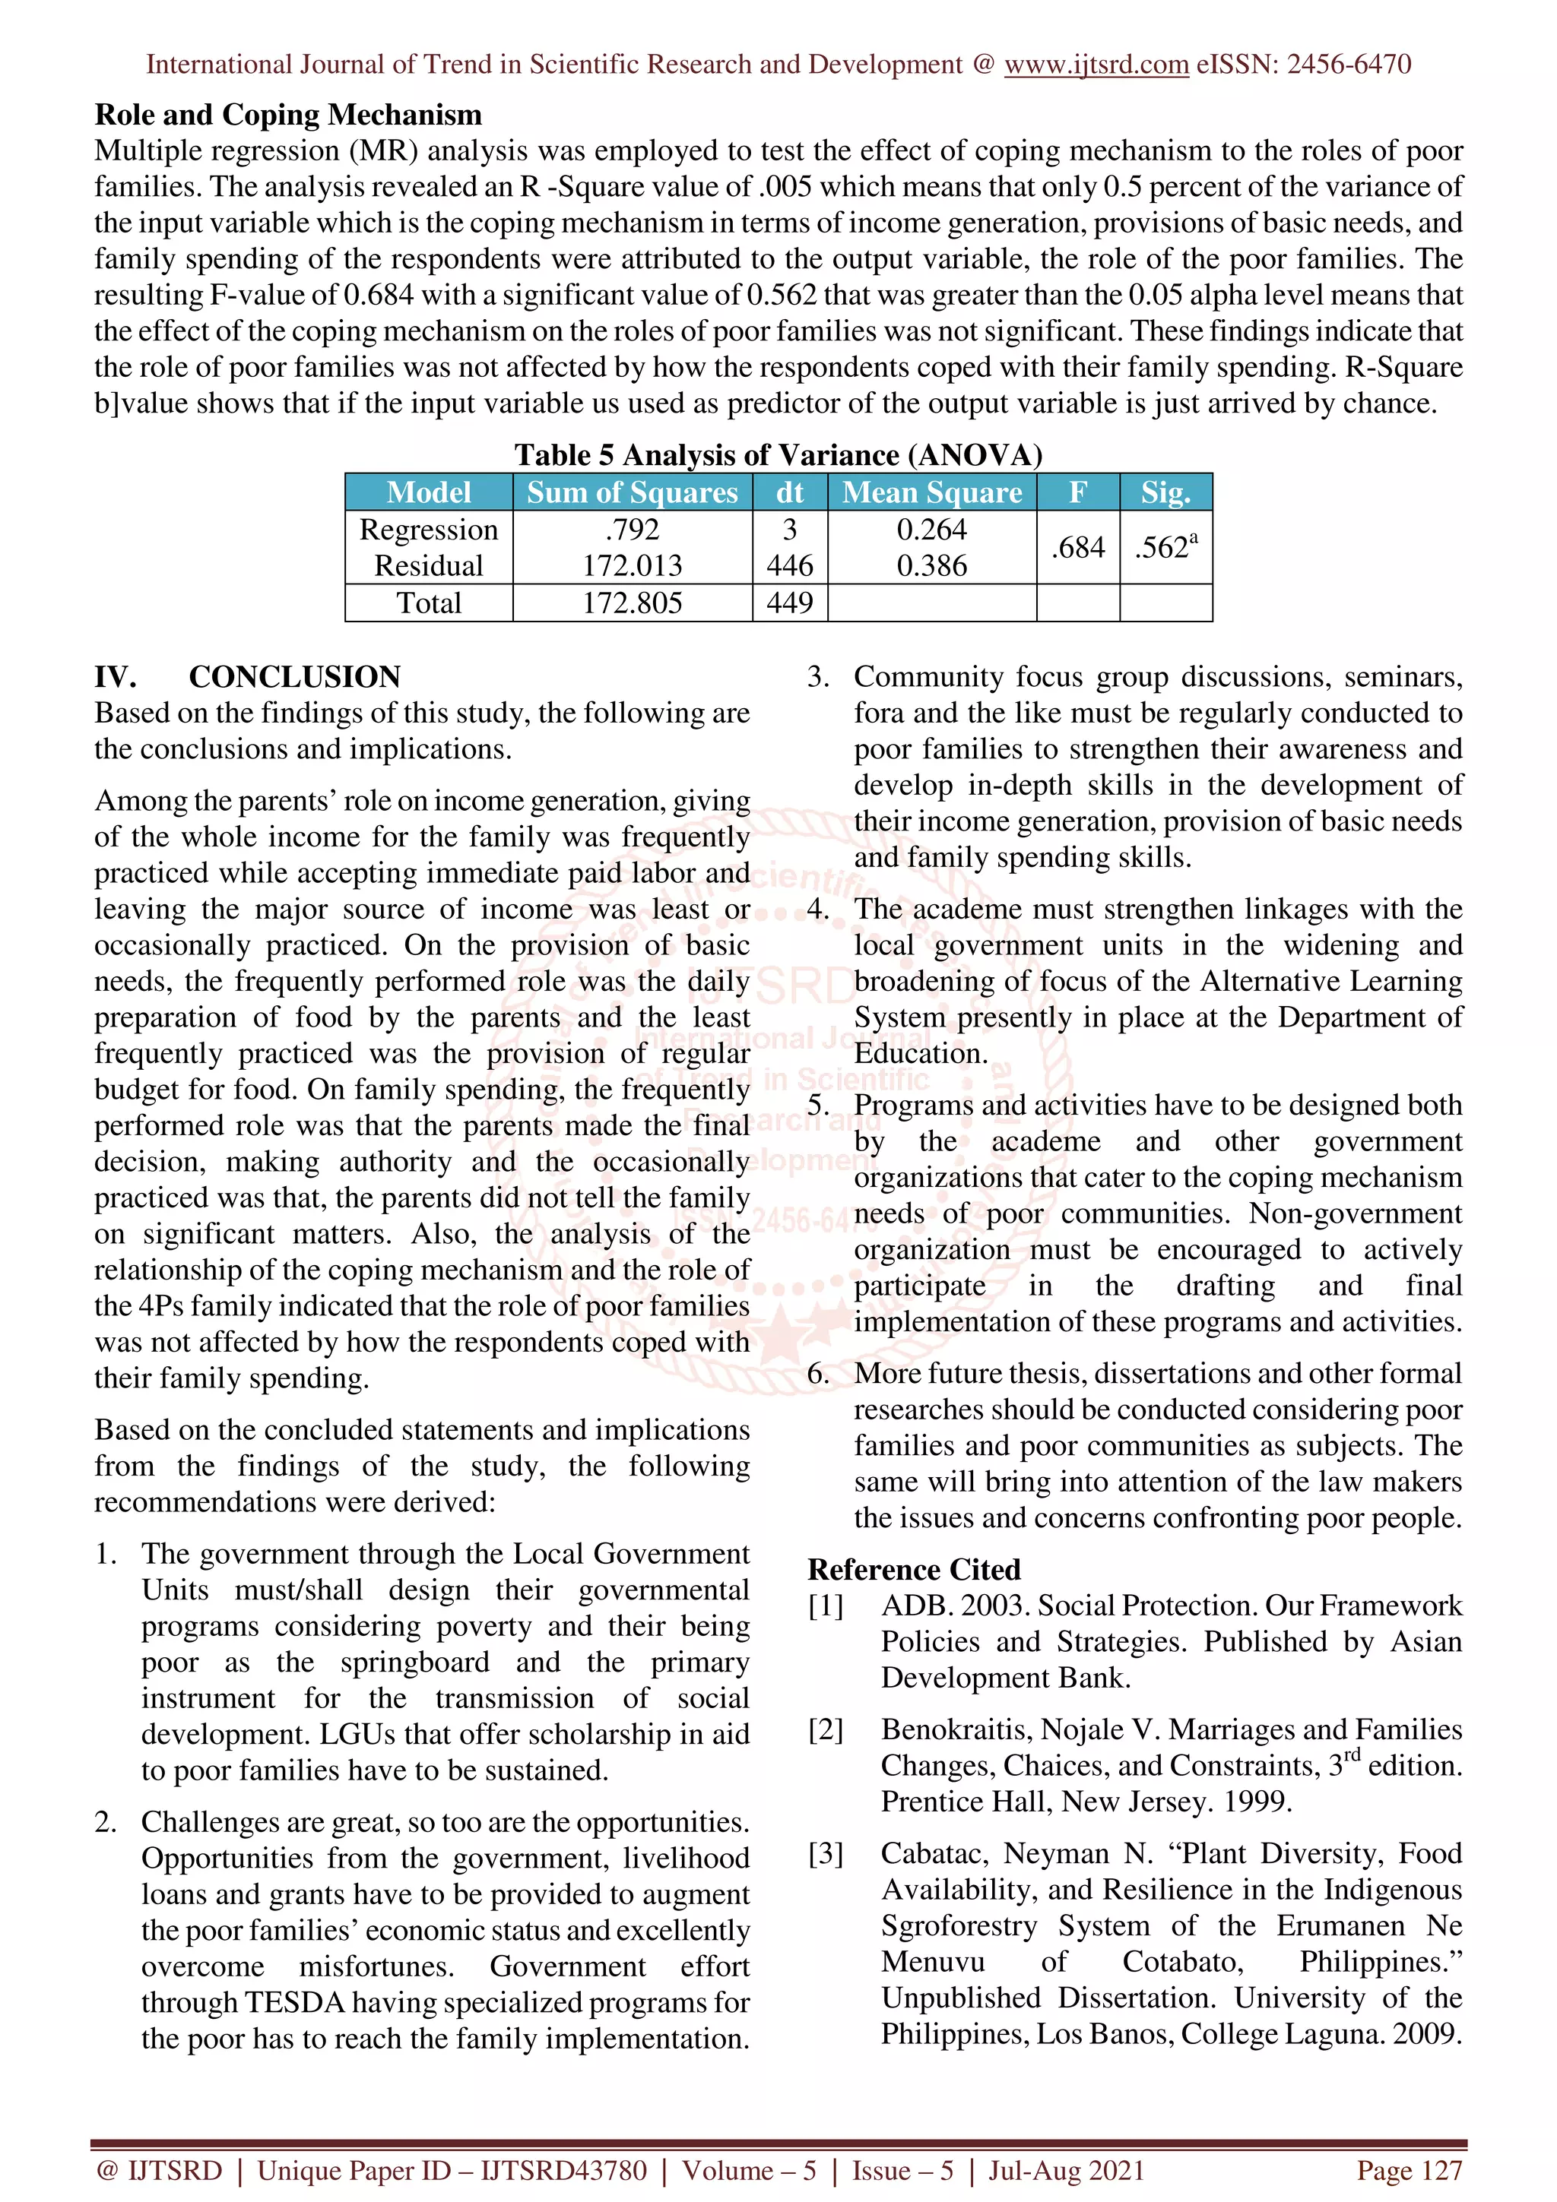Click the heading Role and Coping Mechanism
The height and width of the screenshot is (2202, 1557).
[288, 115]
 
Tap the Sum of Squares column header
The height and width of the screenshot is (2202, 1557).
[633, 492]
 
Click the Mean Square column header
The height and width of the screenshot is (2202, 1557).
[931, 492]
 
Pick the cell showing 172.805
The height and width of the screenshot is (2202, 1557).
[633, 603]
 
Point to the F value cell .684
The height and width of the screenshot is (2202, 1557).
[1077, 548]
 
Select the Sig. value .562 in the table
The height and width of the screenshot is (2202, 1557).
[1165, 548]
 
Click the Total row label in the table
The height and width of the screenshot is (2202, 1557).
[429, 603]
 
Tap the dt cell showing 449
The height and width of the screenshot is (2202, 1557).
[790, 603]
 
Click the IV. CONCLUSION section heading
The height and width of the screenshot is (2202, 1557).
[248, 677]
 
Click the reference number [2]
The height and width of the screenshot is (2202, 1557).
[825, 1730]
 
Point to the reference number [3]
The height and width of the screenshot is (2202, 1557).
[825, 1854]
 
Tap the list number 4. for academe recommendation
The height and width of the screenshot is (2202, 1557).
[817, 910]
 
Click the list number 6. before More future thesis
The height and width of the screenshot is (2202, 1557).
[817, 1373]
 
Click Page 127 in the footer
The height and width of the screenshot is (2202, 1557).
[1408, 2170]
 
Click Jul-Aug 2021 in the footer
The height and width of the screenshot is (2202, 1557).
[1066, 2170]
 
